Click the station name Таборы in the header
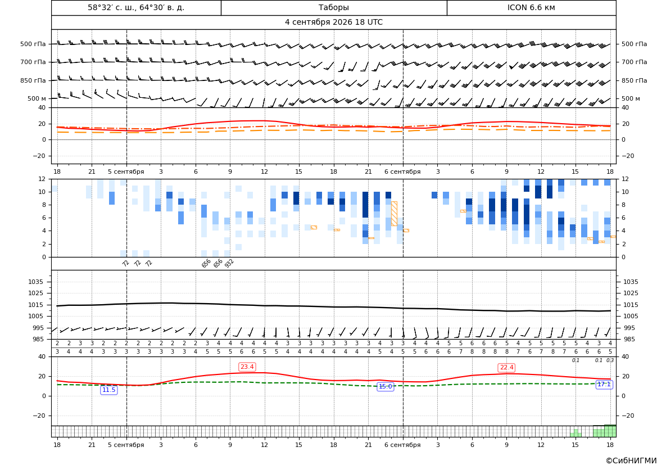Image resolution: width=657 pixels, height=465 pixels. (x=333, y=7)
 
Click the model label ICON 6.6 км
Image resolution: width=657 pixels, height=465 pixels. (x=531, y=7)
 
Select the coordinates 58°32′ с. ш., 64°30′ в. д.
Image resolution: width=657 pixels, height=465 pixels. (x=136, y=7)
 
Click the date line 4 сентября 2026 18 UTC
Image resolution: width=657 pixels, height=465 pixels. (x=333, y=22)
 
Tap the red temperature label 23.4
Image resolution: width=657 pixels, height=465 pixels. (x=247, y=367)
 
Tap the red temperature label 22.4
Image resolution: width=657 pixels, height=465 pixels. (x=506, y=368)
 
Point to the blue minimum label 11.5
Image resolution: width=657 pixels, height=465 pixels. (x=109, y=390)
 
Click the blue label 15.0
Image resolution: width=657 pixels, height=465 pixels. (x=385, y=387)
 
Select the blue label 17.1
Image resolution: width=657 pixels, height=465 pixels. (x=604, y=385)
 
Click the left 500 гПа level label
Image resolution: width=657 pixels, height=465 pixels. (x=33, y=44)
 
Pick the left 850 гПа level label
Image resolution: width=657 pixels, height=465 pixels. (x=33, y=80)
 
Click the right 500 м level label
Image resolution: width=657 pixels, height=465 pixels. (x=631, y=98)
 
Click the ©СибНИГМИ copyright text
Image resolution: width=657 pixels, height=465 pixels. (x=631, y=461)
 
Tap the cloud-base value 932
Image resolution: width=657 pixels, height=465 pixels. (x=229, y=263)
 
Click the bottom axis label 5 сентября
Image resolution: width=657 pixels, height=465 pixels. (x=126, y=445)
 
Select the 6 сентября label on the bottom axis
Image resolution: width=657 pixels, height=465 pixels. (x=402, y=445)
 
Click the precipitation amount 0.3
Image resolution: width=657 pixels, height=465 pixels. (x=610, y=360)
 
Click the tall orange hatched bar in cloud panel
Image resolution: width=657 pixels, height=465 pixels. (x=394, y=214)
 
